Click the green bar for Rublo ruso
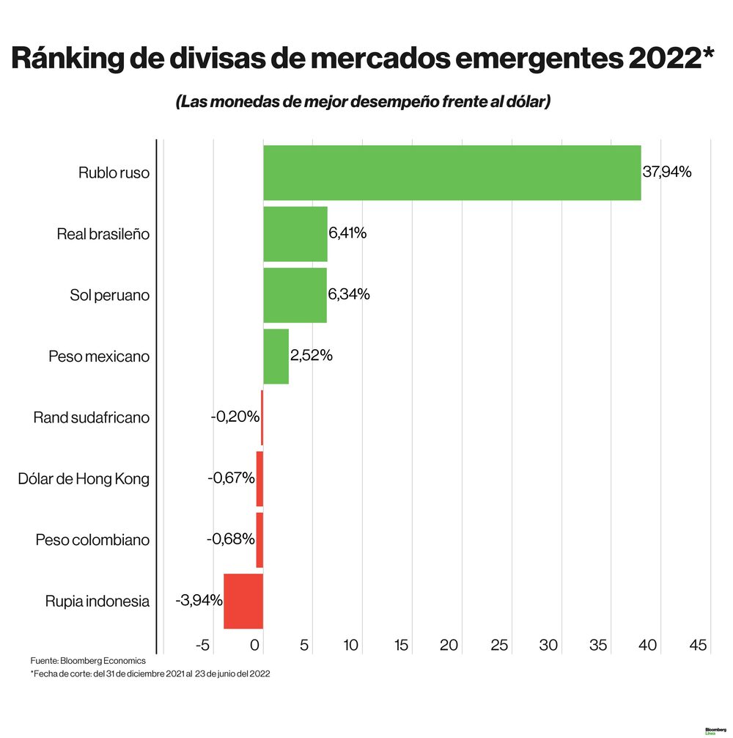click(452, 172)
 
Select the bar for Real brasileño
click(295, 234)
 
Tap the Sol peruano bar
click(295, 295)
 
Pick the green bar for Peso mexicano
click(276, 357)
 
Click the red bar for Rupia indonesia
click(243, 602)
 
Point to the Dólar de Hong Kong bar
click(259, 479)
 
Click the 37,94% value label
click(666, 172)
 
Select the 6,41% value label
click(347, 234)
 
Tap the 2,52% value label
click(312, 356)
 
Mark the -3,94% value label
click(199, 601)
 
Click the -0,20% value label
click(235, 417)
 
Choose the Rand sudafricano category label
click(92, 418)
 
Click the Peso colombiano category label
click(92, 541)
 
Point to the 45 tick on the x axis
click(698, 646)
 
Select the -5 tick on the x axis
click(204, 646)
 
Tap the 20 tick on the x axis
click(449, 646)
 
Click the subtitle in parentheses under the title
click(363, 102)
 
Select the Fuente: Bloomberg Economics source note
click(88, 661)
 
